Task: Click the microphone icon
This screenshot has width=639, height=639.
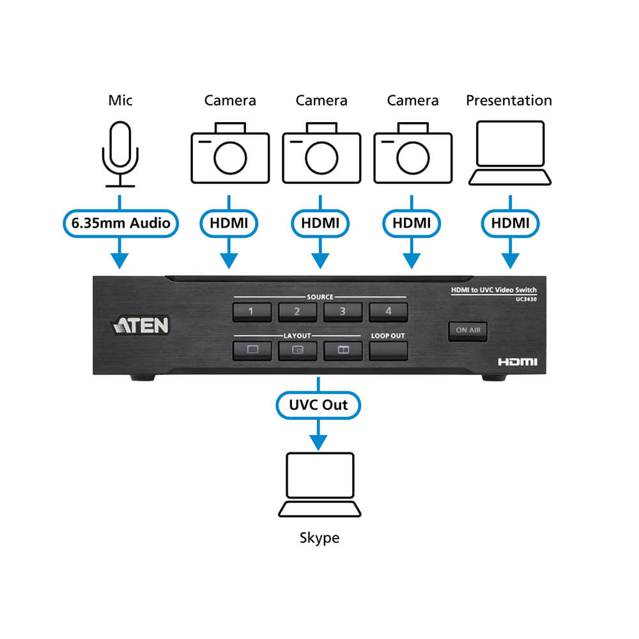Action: click(x=119, y=154)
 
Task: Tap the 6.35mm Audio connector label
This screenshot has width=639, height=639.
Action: click(x=119, y=224)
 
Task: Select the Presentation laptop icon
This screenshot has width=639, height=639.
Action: click(x=509, y=154)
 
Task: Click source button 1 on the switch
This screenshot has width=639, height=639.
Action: click(x=251, y=312)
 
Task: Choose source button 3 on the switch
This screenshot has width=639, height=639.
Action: click(x=343, y=312)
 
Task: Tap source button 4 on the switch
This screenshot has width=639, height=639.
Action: click(x=388, y=312)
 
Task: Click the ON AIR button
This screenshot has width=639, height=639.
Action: click(x=468, y=330)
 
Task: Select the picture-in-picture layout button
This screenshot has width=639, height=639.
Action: click(x=297, y=350)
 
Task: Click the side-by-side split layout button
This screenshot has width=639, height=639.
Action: click(x=343, y=350)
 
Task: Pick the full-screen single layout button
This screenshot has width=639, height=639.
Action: click(x=251, y=350)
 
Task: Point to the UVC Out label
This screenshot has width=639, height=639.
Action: click(x=319, y=405)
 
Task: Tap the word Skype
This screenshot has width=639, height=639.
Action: click(x=319, y=537)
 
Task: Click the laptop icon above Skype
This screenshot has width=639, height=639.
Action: click(x=319, y=484)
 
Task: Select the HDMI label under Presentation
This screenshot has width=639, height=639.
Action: click(x=509, y=224)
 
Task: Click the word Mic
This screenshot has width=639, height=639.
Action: click(x=119, y=100)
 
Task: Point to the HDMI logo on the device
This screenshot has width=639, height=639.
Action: click(x=518, y=362)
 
